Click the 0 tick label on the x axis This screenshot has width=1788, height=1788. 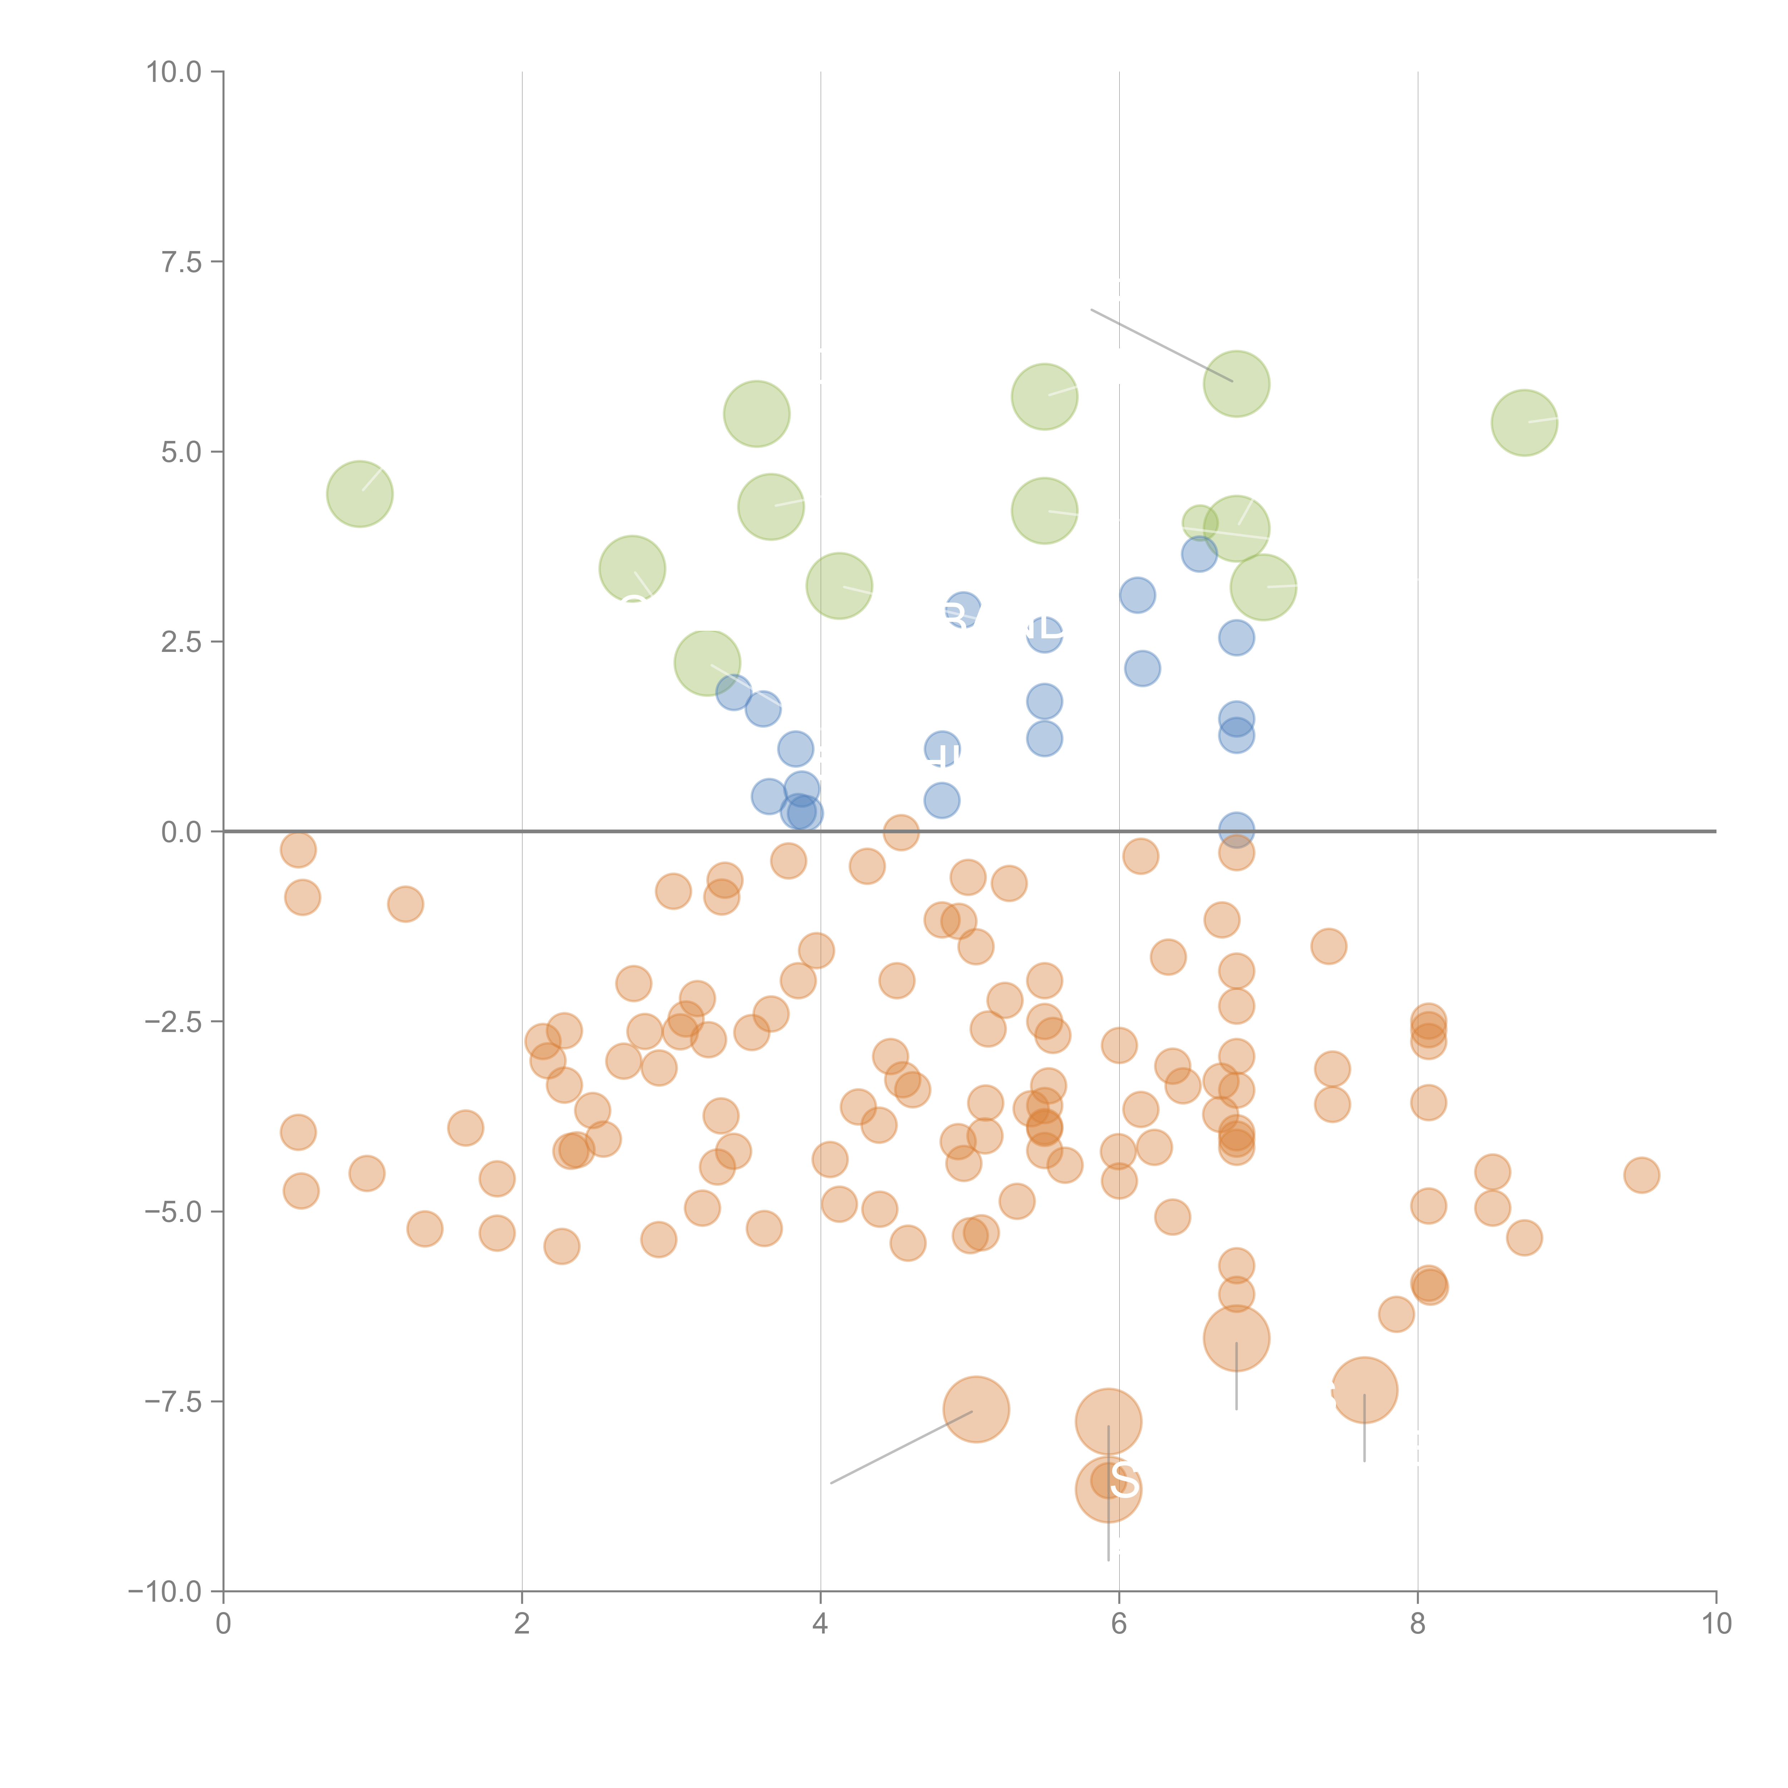click(223, 1624)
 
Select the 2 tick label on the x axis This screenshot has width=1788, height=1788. click(522, 1624)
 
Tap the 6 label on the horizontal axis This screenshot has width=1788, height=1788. click(1119, 1624)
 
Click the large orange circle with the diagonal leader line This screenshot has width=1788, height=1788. click(976, 1410)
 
